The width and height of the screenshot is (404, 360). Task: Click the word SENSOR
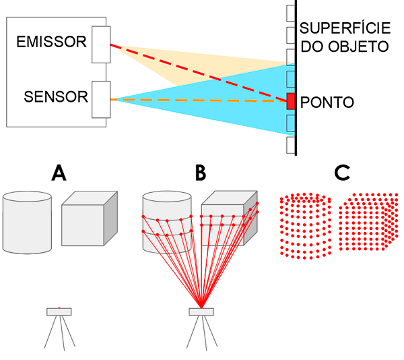(x=56, y=97)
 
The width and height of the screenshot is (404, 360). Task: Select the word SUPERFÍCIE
(x=343, y=29)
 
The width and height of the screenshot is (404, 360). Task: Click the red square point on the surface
(x=291, y=101)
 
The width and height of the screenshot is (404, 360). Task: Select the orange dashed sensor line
(x=202, y=100)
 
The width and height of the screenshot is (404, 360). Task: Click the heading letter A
(x=59, y=174)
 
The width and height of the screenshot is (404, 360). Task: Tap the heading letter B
(x=200, y=174)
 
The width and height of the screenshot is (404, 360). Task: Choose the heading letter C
(x=342, y=174)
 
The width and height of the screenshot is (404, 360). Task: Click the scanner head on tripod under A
(x=59, y=311)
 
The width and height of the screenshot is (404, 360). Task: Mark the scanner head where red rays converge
(x=201, y=311)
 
